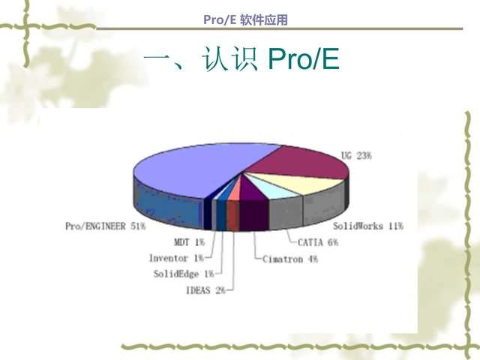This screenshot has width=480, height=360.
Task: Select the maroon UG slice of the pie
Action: click(x=304, y=160)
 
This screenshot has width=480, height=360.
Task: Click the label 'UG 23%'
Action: click(x=356, y=155)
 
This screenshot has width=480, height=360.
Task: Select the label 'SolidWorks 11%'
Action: click(x=368, y=225)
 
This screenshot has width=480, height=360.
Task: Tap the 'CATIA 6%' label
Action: click(x=318, y=242)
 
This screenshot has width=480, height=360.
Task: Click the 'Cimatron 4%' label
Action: click(x=290, y=259)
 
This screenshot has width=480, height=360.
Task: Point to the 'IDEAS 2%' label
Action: click(x=205, y=290)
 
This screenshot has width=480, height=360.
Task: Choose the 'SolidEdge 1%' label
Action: click(x=183, y=274)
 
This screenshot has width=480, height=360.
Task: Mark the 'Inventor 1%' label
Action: click(x=176, y=258)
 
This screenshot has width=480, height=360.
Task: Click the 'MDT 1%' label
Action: click(x=189, y=242)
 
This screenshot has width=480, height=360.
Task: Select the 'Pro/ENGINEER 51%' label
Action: click(x=105, y=225)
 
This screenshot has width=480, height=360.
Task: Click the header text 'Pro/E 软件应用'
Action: click(x=245, y=20)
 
